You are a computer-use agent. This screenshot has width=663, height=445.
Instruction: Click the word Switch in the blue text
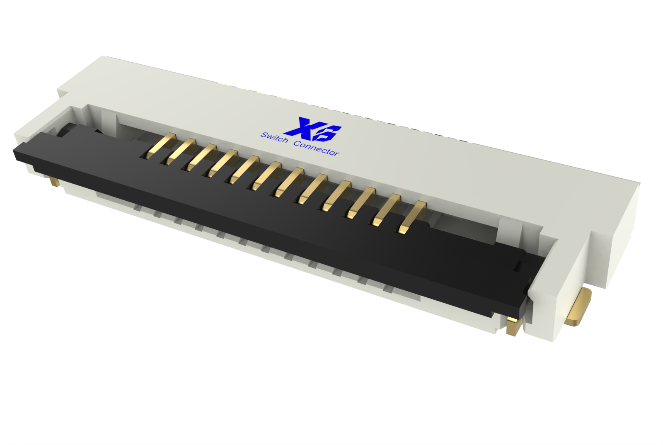coord(274,137)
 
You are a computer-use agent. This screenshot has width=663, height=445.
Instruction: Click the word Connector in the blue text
coord(316,148)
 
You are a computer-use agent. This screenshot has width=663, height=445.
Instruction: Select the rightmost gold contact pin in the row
coord(412,217)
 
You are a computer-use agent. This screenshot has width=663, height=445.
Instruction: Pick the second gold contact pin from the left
coord(181,151)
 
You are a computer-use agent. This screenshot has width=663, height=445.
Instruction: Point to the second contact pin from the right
coord(386,210)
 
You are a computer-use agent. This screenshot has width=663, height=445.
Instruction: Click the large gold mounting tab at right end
coord(580,307)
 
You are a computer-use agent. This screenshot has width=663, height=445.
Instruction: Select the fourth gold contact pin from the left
coord(223,164)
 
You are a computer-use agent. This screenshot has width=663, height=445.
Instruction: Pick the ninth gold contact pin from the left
coord(336,196)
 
